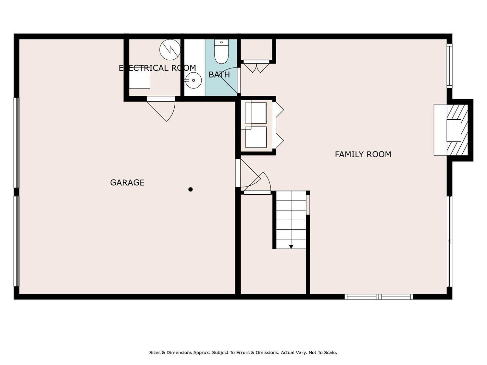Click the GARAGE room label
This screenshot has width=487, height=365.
click(127, 183)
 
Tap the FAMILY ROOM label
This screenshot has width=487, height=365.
click(363, 154)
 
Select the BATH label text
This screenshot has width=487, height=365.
click(219, 75)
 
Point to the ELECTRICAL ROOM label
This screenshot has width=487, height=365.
click(157, 68)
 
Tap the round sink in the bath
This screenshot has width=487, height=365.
click(194, 80)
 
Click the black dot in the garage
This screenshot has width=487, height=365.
click(190, 189)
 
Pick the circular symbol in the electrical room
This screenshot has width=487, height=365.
click(170, 50)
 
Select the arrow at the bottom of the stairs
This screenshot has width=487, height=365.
click(291, 247)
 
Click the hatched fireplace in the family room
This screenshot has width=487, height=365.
click(457, 130)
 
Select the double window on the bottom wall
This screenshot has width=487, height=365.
click(379, 297)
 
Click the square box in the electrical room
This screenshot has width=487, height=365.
click(139, 79)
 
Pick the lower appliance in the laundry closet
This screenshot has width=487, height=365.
click(256, 137)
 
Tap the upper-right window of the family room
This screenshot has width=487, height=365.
click(450, 66)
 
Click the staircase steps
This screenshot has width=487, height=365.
click(291, 220)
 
